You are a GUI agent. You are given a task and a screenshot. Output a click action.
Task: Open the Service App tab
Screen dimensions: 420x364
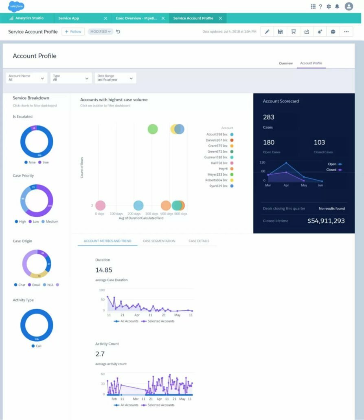coord(68,18)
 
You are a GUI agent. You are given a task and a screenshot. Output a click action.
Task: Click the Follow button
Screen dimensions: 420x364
coord(73,31)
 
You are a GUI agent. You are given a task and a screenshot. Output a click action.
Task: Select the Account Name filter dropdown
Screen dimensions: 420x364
coord(27,78)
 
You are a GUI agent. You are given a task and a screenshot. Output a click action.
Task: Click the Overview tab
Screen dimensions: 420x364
coord(285,63)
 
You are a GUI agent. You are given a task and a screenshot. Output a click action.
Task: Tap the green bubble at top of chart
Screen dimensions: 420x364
coord(152,129)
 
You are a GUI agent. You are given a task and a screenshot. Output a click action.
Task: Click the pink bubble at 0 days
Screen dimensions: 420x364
coord(100,206)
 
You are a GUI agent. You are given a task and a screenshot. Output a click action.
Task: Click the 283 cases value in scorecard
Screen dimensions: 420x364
coord(269,117)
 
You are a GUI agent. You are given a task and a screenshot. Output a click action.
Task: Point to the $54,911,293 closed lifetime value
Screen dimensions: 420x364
coord(326,221)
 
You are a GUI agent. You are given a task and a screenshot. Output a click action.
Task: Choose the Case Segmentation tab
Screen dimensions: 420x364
coord(159,241)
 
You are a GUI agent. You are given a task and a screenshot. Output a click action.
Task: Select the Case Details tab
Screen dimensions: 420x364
coord(199,241)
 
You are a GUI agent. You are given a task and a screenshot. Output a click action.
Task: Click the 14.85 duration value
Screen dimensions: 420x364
coord(103,270)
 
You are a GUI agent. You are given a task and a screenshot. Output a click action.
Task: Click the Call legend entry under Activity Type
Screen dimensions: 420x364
coord(38,346)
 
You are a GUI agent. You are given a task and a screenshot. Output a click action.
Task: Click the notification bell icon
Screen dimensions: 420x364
coord(337,7)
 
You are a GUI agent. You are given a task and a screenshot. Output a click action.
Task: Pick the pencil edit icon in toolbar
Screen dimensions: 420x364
coord(267,32)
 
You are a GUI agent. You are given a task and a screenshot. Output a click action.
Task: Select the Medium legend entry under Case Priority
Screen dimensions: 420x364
coord(52,221)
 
